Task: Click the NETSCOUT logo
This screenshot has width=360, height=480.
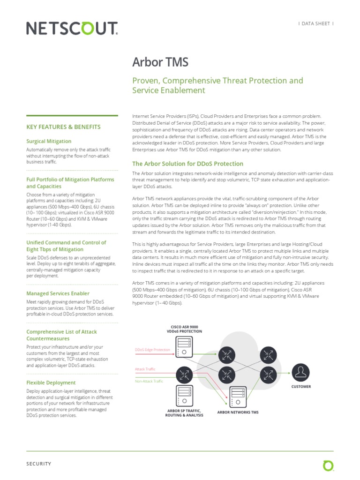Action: coord(72,29)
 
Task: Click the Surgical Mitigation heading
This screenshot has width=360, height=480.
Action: coord(49,141)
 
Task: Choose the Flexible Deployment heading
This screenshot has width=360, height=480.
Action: coord(51,382)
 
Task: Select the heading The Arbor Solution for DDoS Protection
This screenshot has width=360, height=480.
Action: coord(187,164)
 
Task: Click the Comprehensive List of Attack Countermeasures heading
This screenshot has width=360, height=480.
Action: coord(61,335)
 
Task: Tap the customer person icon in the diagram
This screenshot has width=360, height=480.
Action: coord(300,372)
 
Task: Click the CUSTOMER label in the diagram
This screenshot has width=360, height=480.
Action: coord(301,387)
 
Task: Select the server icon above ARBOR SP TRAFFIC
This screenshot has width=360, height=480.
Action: coord(184,395)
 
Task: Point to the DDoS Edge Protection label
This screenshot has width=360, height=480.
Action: coord(152,350)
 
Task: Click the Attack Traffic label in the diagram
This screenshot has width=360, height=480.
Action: coord(145,369)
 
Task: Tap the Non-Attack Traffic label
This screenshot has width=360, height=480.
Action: coord(149,381)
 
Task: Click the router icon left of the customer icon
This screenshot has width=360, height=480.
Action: coord(268,375)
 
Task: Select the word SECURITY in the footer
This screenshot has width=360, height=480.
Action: coord(38,464)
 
